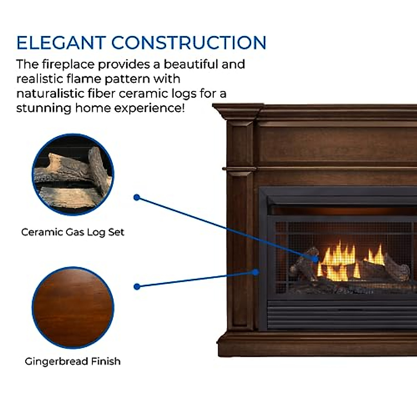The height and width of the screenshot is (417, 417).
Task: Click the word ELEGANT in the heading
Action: coord(61,43)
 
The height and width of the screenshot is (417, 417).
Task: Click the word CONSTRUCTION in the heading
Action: coord(189,43)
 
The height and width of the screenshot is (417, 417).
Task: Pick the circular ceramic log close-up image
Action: coord(73,174)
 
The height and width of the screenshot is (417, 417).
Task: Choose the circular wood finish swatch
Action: coord(73,308)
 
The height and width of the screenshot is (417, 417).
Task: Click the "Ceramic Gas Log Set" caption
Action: coord(73,232)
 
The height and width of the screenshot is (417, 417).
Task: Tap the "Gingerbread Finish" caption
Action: coord(73,361)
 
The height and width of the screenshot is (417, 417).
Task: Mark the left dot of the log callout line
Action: coord(137,197)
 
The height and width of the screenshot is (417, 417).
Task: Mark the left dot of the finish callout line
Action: coord(137,287)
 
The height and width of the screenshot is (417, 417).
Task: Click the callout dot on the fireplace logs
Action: coord(315,259)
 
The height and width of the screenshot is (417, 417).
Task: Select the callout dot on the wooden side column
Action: coord(256,272)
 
